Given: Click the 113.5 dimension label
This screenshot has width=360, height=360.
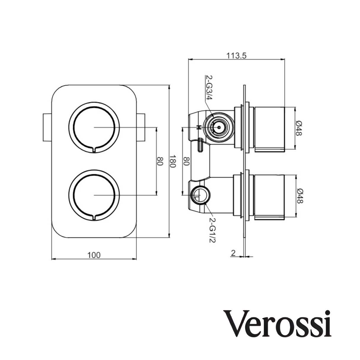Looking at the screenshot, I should pyautogui.click(x=237, y=55).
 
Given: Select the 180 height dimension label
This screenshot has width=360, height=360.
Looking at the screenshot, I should pyautogui.click(x=173, y=161).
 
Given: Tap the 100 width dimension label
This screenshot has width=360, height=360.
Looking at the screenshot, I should pyautogui.click(x=94, y=255).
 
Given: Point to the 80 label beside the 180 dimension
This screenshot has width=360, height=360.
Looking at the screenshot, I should pyautogui.click(x=160, y=161).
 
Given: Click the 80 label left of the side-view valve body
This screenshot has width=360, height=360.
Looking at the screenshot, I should pyautogui.click(x=186, y=161).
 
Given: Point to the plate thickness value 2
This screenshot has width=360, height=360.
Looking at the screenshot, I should pyautogui.click(x=233, y=253).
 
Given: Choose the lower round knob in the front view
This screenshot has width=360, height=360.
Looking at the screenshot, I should pyautogui.click(x=94, y=195).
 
